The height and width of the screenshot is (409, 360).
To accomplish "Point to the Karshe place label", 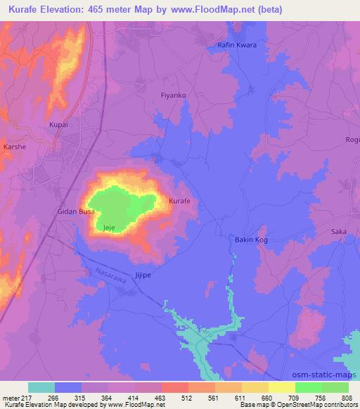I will tap(15, 147).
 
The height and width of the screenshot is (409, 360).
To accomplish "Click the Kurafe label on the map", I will tap(180, 202).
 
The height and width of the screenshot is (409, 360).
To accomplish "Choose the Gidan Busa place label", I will tap(76, 211).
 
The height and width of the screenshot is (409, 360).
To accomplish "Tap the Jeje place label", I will tap(108, 228).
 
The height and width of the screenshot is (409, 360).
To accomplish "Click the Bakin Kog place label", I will tap(251, 240).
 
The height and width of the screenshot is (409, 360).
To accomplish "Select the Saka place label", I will tap(339, 231).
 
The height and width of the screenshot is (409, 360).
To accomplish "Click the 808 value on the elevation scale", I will tap(341, 397).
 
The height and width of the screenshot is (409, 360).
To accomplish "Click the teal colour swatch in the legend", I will tap(41, 387).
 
